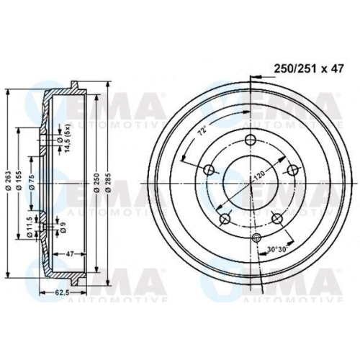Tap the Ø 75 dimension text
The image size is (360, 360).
click(x=33, y=185)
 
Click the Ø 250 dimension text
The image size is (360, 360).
click(x=96, y=185)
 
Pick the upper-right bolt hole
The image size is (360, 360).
click(x=292, y=170)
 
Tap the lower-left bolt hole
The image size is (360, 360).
click(x=225, y=218)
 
